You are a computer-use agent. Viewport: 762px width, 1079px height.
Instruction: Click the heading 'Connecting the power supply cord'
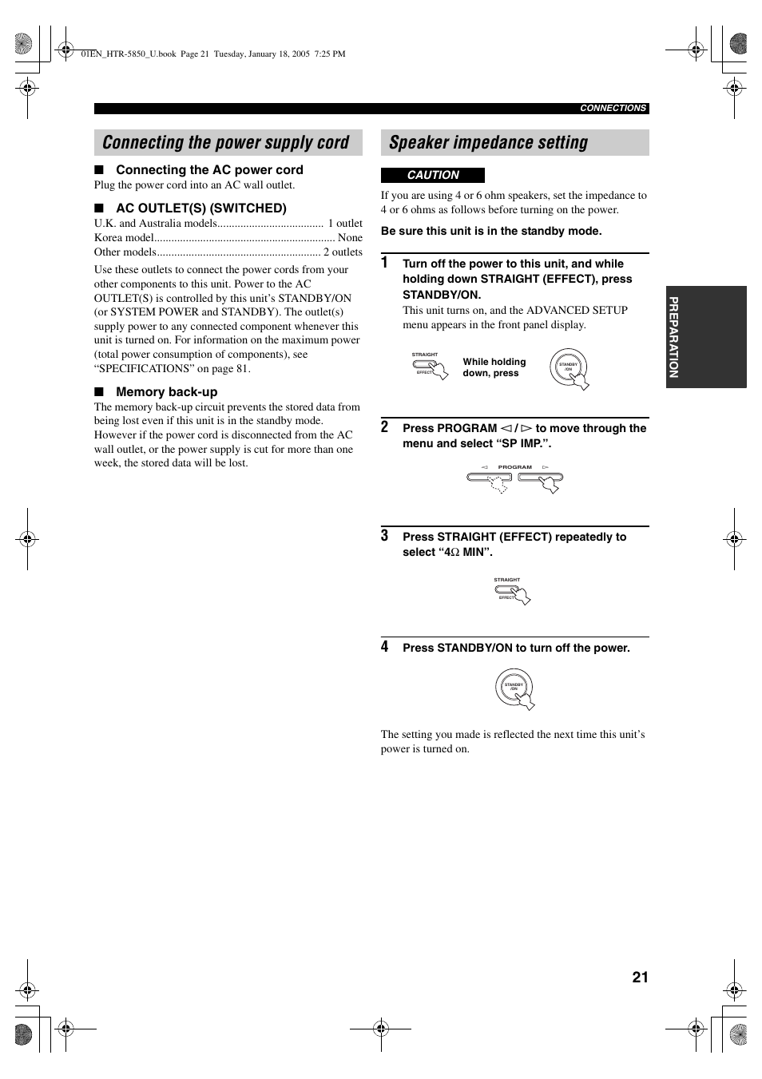pyautogui.click(x=226, y=143)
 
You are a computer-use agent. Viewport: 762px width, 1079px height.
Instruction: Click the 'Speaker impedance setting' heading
pyautogui.click(x=488, y=143)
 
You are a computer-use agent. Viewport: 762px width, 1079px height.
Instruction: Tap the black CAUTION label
pyautogui.click(x=433, y=175)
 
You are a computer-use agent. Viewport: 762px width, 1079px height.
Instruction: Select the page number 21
pyautogui.click(x=640, y=977)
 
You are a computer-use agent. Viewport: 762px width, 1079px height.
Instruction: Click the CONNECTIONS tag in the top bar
pyautogui.click(x=613, y=109)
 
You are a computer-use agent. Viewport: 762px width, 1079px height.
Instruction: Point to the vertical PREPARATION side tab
pyautogui.click(x=674, y=337)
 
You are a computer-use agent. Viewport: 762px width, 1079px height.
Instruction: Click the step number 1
pyautogui.click(x=385, y=263)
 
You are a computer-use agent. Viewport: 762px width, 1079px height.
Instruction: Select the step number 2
pyautogui.click(x=385, y=427)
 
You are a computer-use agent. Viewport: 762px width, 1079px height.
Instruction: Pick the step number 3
pyautogui.click(x=385, y=536)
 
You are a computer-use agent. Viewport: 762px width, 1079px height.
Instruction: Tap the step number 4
pyautogui.click(x=385, y=647)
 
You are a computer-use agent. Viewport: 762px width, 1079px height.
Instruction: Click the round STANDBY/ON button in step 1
pyautogui.click(x=569, y=367)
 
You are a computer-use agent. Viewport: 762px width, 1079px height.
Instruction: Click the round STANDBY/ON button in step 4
pyautogui.click(x=514, y=687)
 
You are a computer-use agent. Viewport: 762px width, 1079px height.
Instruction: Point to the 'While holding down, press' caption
pyautogui.click(x=494, y=367)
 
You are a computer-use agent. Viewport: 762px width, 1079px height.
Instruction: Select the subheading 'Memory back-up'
pyautogui.click(x=166, y=392)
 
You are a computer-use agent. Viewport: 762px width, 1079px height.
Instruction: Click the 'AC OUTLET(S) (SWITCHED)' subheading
pyautogui.click(x=200, y=208)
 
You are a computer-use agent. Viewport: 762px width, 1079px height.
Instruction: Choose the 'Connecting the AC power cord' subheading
pyautogui.click(x=209, y=170)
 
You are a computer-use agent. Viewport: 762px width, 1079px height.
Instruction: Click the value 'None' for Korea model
pyautogui.click(x=350, y=238)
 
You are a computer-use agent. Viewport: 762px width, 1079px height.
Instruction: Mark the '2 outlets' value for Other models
pyautogui.click(x=343, y=252)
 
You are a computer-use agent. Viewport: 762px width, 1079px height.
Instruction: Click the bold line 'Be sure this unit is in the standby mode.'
pyautogui.click(x=491, y=232)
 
